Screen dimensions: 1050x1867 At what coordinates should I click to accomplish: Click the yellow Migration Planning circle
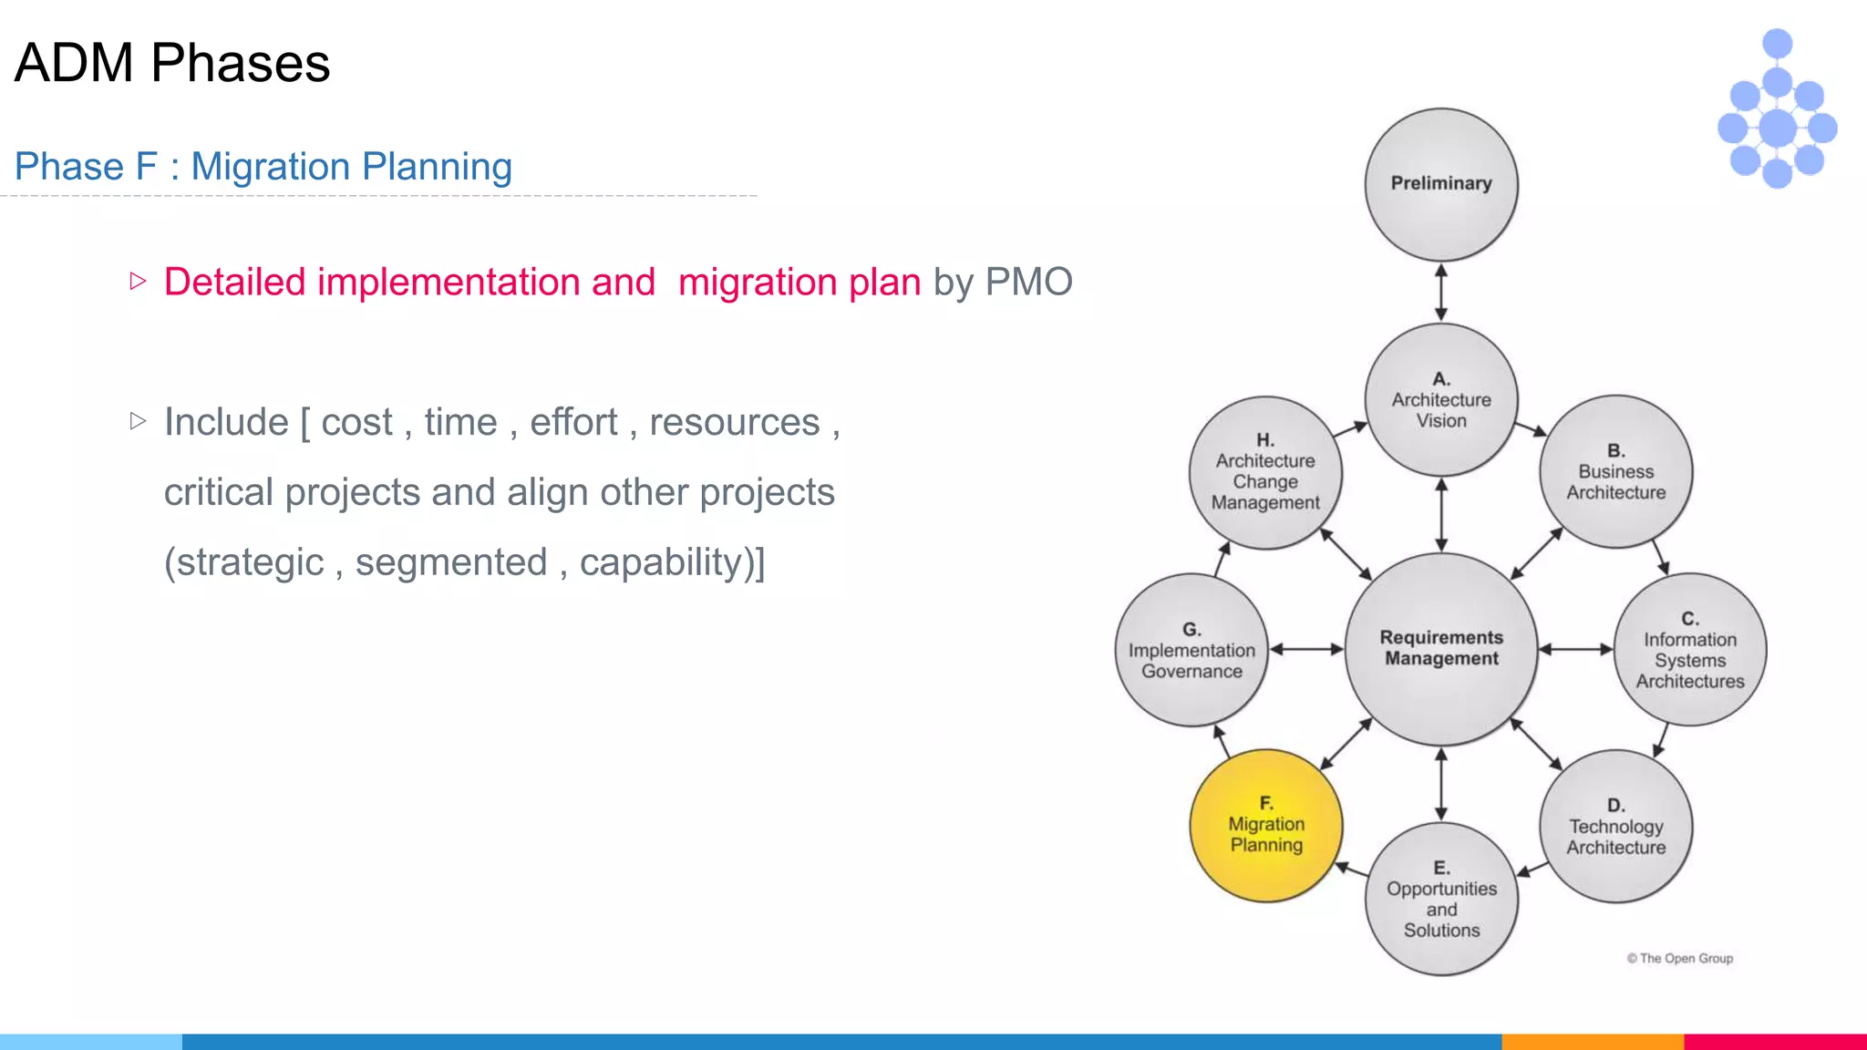[1265, 825]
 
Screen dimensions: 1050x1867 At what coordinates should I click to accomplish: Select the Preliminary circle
[1440, 184]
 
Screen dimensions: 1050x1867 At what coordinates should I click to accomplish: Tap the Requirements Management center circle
[1440, 648]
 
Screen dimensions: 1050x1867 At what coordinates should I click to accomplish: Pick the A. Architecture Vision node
[1440, 399]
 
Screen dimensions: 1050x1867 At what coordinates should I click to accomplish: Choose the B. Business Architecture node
[1615, 471]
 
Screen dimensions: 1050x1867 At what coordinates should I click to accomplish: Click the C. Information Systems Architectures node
[1689, 649]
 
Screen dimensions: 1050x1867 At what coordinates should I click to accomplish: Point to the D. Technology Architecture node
[1615, 826]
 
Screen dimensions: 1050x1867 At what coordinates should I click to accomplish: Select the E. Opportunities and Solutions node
[1440, 899]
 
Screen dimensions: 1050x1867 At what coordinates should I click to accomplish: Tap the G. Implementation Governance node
[1191, 650]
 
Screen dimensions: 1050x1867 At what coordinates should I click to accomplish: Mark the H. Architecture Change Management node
[1265, 472]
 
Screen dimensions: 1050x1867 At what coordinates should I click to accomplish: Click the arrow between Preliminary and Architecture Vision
[1440, 293]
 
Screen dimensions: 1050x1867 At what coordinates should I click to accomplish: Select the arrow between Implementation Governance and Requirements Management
[1305, 649]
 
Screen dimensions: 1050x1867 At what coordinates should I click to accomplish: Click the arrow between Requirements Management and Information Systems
[1575, 649]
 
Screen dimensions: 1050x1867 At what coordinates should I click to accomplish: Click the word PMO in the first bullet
[1028, 283]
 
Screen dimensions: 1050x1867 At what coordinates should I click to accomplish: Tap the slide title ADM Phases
[172, 63]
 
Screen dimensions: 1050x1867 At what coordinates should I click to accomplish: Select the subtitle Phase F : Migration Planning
[263, 167]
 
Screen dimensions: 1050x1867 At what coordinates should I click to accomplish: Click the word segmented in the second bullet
[450, 562]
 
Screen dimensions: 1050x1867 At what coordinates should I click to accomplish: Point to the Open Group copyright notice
[1679, 958]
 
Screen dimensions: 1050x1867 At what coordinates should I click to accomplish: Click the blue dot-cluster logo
[1777, 109]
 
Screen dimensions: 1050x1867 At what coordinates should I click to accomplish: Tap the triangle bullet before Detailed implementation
[138, 281]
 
